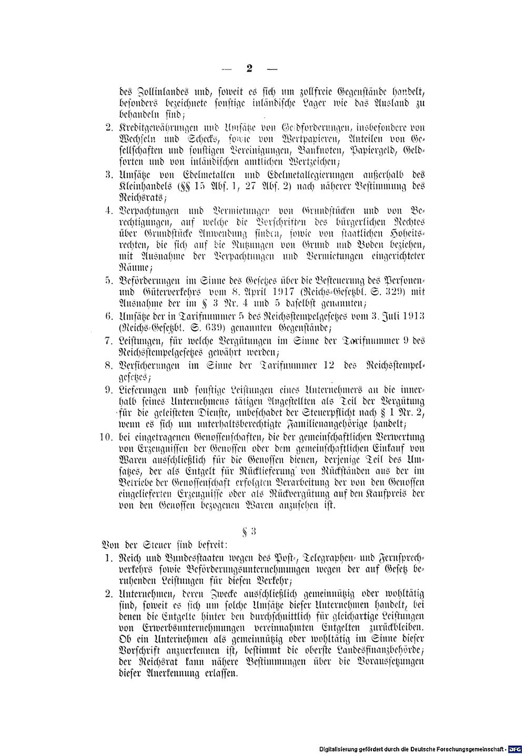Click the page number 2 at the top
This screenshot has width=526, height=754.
(249, 68)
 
